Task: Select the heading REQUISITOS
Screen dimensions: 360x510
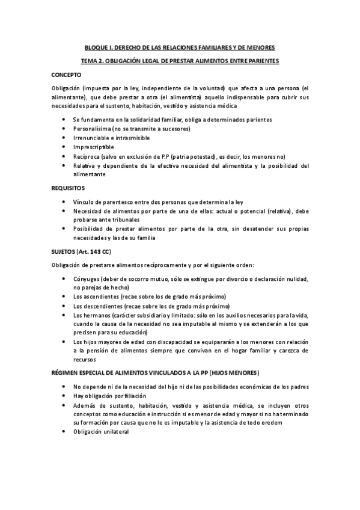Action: [x=68, y=188]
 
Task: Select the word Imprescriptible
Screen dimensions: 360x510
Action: [x=93, y=147]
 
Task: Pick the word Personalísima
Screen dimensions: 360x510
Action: [x=92, y=129]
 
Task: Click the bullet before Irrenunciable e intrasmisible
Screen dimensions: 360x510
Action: [x=64, y=138]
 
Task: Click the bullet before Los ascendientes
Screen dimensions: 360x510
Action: [x=64, y=297]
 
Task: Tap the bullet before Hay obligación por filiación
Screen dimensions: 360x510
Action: [x=64, y=396]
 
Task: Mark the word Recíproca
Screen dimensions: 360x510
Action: [x=87, y=156]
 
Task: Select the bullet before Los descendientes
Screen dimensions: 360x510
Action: [x=64, y=306]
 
